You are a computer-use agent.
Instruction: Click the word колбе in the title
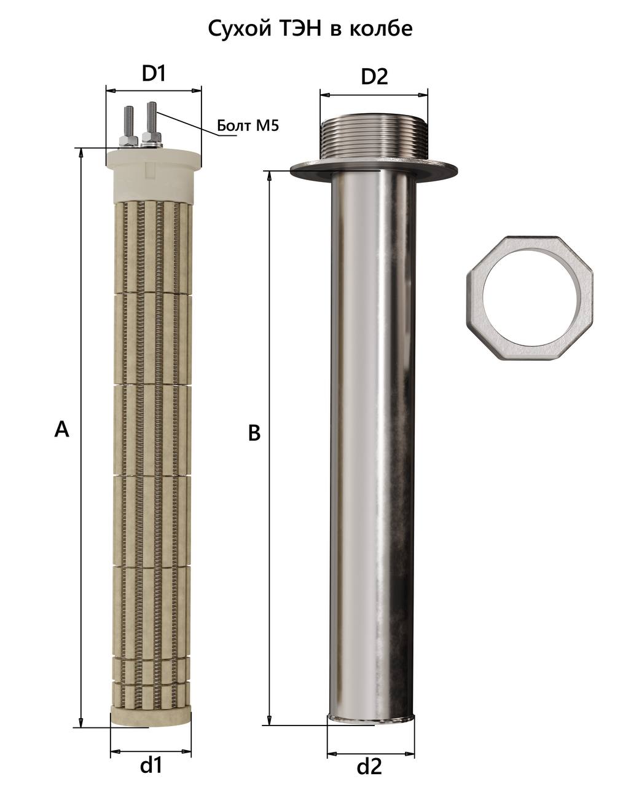click(x=381, y=28)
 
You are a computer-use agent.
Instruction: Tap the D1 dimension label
click(x=154, y=74)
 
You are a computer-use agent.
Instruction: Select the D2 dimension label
click(x=374, y=77)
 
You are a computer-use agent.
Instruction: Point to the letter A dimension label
click(x=61, y=429)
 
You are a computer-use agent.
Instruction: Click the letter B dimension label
click(x=254, y=433)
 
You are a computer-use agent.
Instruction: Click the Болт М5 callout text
click(x=248, y=125)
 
